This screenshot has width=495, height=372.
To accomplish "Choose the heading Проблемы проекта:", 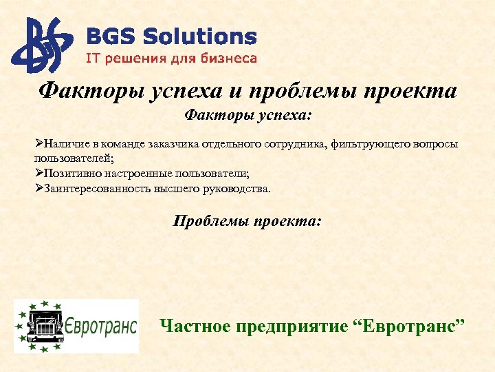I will pyautogui.click(x=247, y=221).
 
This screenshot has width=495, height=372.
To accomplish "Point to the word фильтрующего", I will pyautogui.click(x=368, y=144).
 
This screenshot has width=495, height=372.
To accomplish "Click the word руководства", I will pyautogui.click(x=236, y=188).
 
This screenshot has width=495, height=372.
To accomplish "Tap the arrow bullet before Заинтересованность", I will pyautogui.click(x=39, y=188).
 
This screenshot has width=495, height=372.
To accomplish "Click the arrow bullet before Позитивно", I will pyautogui.click(x=39, y=173).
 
